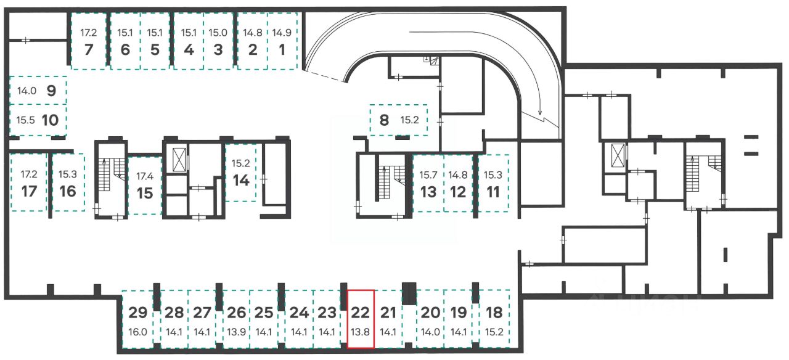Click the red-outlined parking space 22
361,319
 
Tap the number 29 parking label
139,312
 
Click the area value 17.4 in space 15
144,176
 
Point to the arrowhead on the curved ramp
540,113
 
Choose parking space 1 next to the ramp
282,41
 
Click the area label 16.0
139,331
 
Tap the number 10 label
50,120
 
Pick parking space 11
493,183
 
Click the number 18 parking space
494,319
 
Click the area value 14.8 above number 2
252,33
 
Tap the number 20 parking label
430,312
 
